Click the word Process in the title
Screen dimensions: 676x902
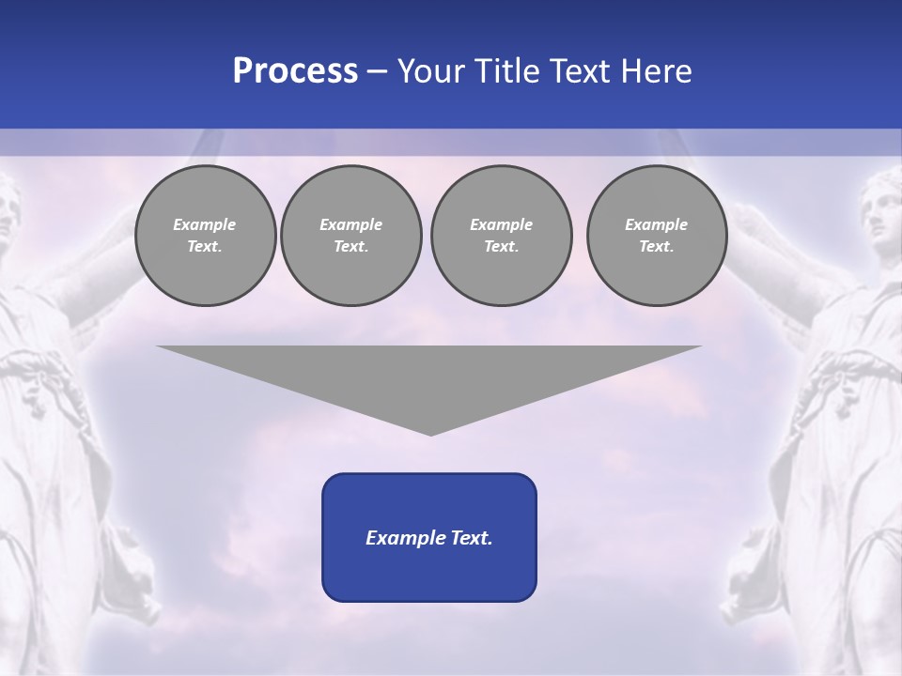(x=295, y=71)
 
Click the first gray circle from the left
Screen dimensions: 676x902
(x=205, y=236)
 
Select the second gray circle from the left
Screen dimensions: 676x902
(x=351, y=236)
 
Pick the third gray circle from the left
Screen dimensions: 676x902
(x=501, y=236)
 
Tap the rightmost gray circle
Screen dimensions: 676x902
(x=657, y=236)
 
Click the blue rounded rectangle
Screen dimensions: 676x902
(x=429, y=573)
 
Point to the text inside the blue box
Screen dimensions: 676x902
(x=429, y=538)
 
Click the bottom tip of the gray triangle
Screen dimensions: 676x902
(x=430, y=434)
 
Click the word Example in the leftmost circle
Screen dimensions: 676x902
(x=205, y=224)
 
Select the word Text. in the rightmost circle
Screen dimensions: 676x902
(x=657, y=247)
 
